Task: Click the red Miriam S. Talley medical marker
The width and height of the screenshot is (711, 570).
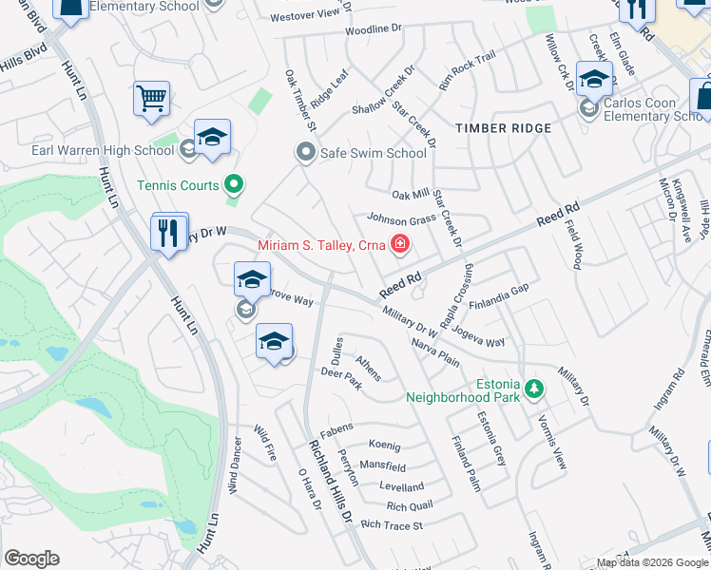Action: point(400,246)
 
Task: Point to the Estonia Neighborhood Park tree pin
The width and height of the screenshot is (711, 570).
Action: point(535,389)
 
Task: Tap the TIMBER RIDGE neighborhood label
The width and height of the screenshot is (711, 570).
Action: point(503,128)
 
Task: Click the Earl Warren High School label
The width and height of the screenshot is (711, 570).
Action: point(102,150)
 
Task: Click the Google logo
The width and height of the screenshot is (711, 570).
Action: point(31,559)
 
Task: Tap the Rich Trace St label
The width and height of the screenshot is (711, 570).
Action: point(391,525)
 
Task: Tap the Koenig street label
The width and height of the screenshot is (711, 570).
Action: point(385,446)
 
